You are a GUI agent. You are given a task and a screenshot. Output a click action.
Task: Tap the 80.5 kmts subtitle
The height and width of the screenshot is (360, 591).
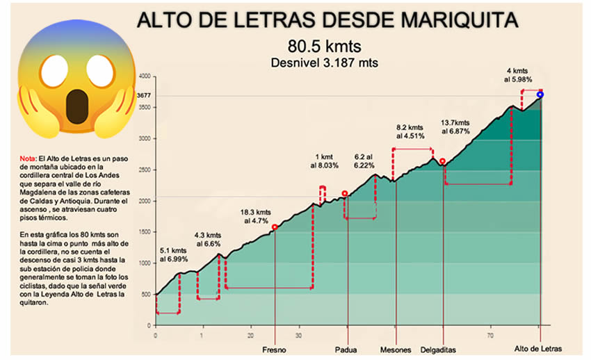pos(325,47)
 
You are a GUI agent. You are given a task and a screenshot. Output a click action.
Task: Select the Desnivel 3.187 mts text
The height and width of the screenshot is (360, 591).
pos(325,63)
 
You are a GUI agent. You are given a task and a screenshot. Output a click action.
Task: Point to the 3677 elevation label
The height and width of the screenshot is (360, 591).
pos(144,95)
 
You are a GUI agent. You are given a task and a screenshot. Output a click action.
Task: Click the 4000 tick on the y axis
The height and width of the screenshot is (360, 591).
pos(145,76)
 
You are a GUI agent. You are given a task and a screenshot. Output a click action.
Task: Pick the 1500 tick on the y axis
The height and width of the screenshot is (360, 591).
pos(145,232)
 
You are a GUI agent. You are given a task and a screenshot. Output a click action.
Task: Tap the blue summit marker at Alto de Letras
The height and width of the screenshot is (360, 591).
pos(540,95)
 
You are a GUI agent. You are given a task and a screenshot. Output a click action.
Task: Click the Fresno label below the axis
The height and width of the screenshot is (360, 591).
pos(275,349)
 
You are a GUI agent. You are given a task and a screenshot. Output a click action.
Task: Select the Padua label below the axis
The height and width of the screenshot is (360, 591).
pos(345,349)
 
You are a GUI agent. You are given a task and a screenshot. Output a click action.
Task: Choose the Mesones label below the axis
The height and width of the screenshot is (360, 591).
pos(395,349)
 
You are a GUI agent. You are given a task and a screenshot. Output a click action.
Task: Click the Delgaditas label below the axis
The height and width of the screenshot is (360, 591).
pos(440,349)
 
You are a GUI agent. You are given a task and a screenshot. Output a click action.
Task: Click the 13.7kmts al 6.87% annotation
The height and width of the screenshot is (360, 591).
pos(456,127)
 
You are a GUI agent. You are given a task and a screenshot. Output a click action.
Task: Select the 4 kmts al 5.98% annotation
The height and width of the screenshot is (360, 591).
pos(519,75)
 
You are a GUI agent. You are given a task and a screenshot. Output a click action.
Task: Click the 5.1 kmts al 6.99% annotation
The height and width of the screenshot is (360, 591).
pos(173,254)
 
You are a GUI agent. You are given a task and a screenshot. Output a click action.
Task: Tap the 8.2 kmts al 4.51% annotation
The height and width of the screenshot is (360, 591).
pos(410,132)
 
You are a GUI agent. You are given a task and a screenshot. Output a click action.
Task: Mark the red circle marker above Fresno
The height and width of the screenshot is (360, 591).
pos(275,227)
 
